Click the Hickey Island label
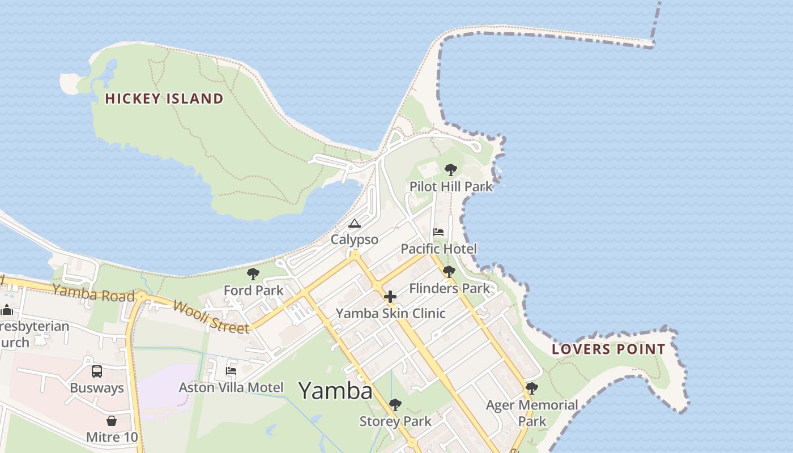click(164, 99)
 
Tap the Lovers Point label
click(608, 349)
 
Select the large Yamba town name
click(335, 391)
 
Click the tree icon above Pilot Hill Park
click(451, 169)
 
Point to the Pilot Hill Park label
click(451, 186)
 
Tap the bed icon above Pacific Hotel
click(438, 232)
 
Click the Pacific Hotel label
click(438, 249)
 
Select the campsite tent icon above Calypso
click(355, 223)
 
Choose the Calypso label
click(355, 240)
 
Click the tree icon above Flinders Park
click(449, 272)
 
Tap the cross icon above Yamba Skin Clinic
click(390, 297)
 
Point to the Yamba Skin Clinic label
click(390, 313)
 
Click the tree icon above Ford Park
click(253, 275)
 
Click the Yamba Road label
click(93, 294)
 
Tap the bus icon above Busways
click(97, 371)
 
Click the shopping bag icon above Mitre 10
click(112, 421)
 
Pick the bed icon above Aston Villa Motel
click(231, 371)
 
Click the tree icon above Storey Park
click(395, 404)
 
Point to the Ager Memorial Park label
click(532, 413)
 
